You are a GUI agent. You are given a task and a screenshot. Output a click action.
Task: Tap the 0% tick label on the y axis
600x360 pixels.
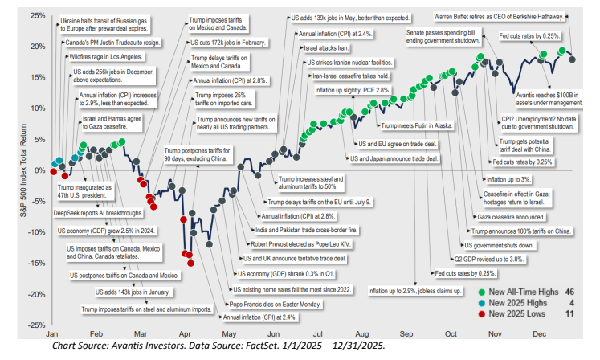pos(37,170)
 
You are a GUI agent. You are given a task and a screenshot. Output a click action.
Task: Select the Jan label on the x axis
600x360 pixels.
pos(53,333)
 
